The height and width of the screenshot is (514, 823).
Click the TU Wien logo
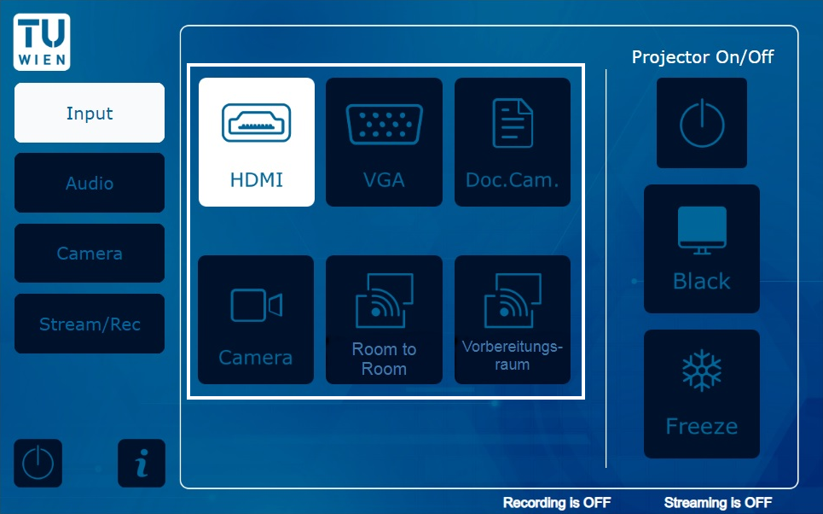42,42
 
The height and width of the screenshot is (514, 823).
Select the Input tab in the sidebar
90,113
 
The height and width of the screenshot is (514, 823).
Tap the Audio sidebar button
90,183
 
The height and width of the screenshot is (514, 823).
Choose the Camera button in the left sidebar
90,254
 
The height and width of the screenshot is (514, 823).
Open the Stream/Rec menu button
90,324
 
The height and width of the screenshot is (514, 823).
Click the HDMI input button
257,142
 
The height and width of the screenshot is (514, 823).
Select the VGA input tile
384,142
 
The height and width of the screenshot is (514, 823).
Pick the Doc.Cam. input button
513,142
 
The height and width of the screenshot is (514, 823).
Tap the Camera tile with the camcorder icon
256,319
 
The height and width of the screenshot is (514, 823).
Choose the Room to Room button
384,319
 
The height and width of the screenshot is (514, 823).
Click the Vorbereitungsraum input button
513,319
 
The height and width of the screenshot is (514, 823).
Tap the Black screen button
702,248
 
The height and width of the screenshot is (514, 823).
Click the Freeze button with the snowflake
702,394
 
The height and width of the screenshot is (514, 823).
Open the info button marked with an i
142,463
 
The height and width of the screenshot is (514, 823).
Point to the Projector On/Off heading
703,56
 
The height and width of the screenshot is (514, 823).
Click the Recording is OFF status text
557,503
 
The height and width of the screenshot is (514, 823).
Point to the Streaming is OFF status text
718,503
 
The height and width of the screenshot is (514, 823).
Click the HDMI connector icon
256,123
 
